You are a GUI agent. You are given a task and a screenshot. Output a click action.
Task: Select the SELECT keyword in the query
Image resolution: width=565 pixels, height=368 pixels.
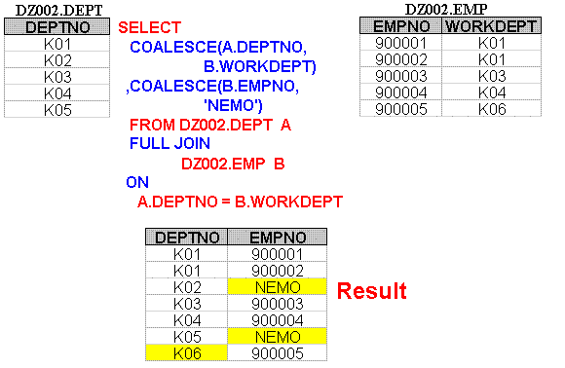[148, 28]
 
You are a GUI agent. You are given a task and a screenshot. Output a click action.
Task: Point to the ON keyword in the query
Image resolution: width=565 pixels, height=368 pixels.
[137, 181]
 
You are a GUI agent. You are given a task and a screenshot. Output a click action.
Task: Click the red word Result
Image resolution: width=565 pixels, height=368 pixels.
[371, 290]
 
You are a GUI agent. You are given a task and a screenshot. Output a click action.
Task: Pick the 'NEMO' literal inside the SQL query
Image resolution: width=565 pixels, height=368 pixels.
[230, 104]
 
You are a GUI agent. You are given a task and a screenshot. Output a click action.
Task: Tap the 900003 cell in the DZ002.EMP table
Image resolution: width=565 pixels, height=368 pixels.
[401, 76]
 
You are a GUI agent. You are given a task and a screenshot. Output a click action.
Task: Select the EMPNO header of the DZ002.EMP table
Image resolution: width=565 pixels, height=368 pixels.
[401, 25]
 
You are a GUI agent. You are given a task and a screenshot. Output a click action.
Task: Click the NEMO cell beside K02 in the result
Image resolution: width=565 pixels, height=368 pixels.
[277, 287]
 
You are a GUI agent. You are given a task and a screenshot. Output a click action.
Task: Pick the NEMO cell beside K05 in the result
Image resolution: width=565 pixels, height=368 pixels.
[277, 337]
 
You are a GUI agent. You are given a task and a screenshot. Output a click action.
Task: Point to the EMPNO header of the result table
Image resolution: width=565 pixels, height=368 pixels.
[277, 237]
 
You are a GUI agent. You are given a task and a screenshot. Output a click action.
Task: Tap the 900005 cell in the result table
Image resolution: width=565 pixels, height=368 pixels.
[277, 353]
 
